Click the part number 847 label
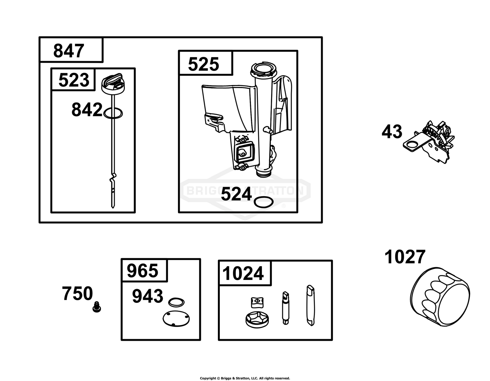click(69, 51)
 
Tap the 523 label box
click(73, 79)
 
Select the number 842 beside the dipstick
click(87, 110)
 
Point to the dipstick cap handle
click(112, 80)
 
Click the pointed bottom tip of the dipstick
click(113, 207)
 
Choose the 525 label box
click(206, 63)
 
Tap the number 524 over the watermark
click(236, 194)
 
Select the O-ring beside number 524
click(264, 202)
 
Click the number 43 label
click(392, 131)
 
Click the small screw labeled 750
click(97, 307)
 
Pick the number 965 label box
click(144, 270)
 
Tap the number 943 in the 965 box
click(147, 296)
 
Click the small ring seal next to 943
click(176, 303)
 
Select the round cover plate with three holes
click(176, 319)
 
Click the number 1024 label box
click(245, 273)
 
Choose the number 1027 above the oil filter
click(405, 257)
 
